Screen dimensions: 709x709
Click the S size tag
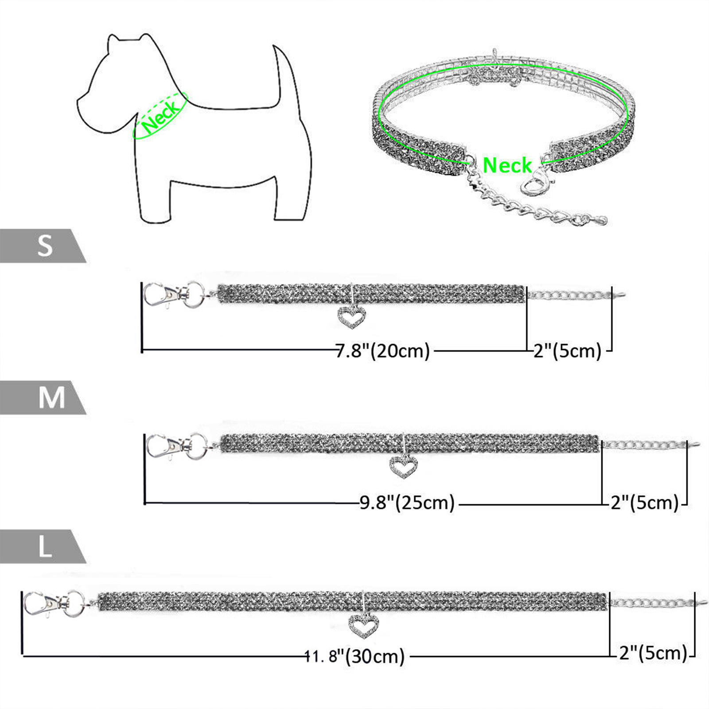pyautogui.click(x=43, y=246)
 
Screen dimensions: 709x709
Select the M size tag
pyautogui.click(x=43, y=397)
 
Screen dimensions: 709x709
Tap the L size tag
pyautogui.click(x=43, y=547)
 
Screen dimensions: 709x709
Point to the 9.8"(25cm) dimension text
pyautogui.click(x=407, y=503)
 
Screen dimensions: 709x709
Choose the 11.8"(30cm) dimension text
pyautogui.click(x=355, y=656)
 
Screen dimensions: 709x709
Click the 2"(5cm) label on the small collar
pyautogui.click(x=568, y=351)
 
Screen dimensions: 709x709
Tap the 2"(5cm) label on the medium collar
pyautogui.click(x=645, y=503)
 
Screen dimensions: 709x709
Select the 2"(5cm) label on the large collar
pyautogui.click(x=653, y=653)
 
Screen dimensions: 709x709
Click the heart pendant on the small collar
pyautogui.click(x=352, y=316)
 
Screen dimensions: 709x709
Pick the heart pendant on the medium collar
pyautogui.click(x=403, y=467)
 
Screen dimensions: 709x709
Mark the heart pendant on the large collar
pyautogui.click(x=363, y=625)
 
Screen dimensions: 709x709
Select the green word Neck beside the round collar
pyautogui.click(x=507, y=165)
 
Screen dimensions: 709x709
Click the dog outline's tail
pyautogui.click(x=284, y=73)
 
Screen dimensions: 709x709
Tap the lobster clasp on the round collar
pyautogui.click(x=534, y=180)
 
